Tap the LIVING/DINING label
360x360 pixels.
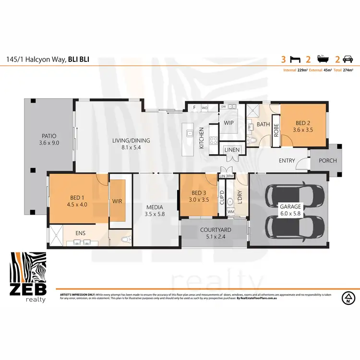131,144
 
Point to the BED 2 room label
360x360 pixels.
303,126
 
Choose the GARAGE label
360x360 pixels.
291,210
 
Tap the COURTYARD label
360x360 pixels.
216,233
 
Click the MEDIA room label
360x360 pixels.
155,211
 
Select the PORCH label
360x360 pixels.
327,160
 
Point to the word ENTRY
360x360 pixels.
287,161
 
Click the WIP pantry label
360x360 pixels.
228,123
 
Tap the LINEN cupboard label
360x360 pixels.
232,150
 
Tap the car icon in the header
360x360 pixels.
347,60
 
